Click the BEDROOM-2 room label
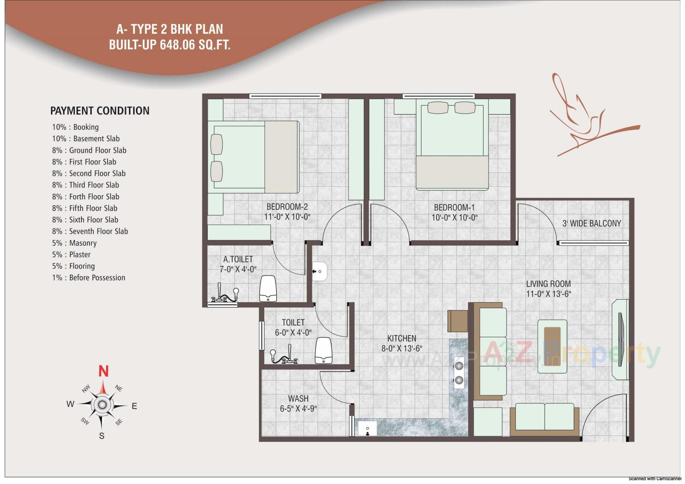287,207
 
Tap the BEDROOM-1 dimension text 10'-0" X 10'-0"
454,217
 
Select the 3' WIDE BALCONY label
592,223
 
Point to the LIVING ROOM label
548,284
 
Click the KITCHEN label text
402,338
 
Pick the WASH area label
298,398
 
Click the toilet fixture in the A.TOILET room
268,288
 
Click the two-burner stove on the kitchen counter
459,372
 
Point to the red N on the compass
103,371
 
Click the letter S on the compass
102,436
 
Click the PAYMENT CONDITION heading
100,111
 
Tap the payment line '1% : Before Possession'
88,278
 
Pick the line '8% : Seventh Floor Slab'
90,231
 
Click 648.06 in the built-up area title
177,45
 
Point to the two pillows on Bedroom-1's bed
451,108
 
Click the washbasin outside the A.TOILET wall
320,271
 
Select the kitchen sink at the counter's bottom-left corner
367,428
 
